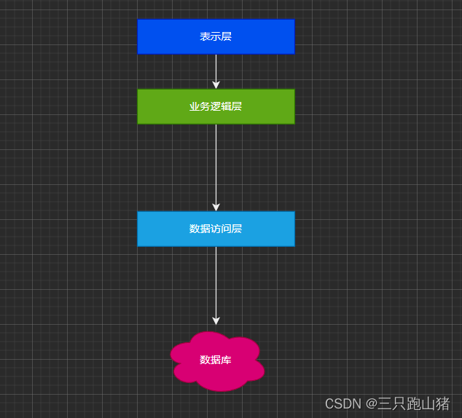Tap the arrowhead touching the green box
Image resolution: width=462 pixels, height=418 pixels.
[216, 84]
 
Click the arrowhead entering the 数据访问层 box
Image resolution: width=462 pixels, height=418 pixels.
[216, 207]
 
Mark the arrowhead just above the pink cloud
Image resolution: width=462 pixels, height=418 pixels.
[216, 320]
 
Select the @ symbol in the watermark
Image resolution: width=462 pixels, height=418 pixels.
[371, 403]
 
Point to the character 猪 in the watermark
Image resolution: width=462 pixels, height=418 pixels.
[442, 403]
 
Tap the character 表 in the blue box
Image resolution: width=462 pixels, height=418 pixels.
[205, 36]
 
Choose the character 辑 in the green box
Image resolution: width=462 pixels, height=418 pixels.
[226, 106]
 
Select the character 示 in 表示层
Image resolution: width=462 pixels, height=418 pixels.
[216, 36]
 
